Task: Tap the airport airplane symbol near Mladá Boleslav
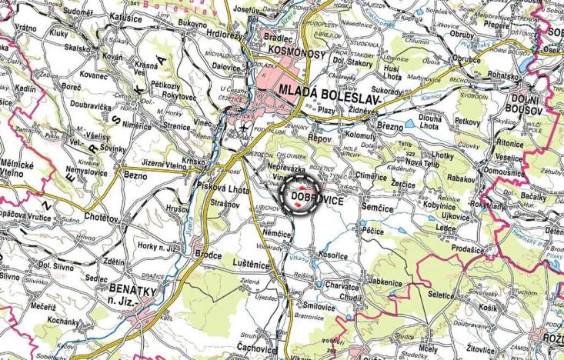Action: point(245,128)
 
